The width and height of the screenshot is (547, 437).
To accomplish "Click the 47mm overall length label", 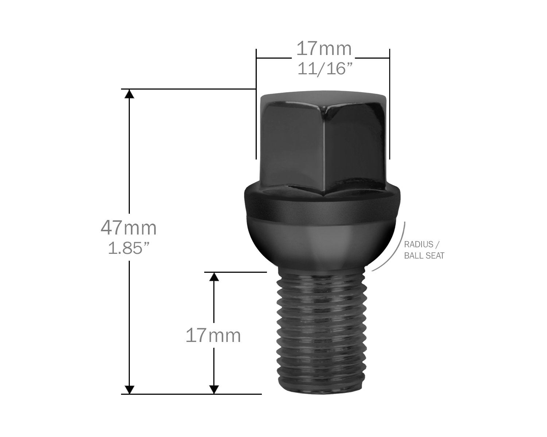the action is tap(129, 228).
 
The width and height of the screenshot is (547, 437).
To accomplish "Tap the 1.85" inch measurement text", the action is tap(129, 248).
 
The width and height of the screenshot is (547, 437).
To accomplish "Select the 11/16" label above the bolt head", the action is tap(325, 68).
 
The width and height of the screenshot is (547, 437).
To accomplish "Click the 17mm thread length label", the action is tap(213, 335).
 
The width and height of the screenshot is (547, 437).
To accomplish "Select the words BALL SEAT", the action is tap(424, 256).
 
